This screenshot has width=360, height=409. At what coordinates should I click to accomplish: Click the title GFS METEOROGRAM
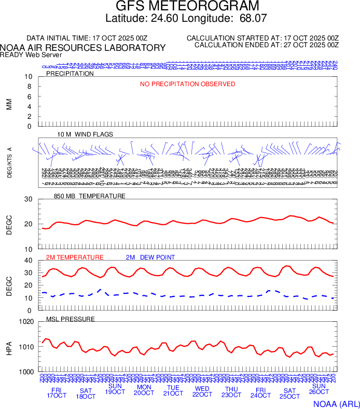(x=187, y=7)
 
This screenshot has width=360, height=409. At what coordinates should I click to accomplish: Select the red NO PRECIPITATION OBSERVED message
(x=187, y=84)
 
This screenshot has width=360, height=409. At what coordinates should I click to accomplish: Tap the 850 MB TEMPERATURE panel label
(x=90, y=196)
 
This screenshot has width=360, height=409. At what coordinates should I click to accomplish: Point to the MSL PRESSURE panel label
(x=71, y=319)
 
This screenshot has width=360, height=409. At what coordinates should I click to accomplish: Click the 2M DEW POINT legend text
(x=150, y=257)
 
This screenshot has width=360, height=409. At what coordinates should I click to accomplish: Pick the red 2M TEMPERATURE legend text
(x=75, y=257)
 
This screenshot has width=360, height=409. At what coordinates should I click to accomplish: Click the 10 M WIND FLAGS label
(x=85, y=134)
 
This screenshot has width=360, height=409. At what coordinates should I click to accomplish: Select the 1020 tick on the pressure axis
(x=26, y=322)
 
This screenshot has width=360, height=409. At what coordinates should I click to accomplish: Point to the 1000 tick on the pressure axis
(x=26, y=372)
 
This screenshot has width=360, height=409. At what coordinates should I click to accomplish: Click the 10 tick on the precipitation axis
(x=29, y=77)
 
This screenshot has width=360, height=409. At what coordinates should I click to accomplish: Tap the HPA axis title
(x=9, y=347)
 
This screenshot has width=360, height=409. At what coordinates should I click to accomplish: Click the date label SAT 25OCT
(x=289, y=393)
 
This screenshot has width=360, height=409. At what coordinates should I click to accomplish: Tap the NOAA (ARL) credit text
(x=336, y=403)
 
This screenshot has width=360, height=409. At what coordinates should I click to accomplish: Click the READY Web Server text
(x=31, y=54)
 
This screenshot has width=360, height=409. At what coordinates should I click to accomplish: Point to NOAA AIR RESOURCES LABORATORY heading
(x=83, y=48)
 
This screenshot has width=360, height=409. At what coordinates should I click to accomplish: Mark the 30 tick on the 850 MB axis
(x=29, y=199)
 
